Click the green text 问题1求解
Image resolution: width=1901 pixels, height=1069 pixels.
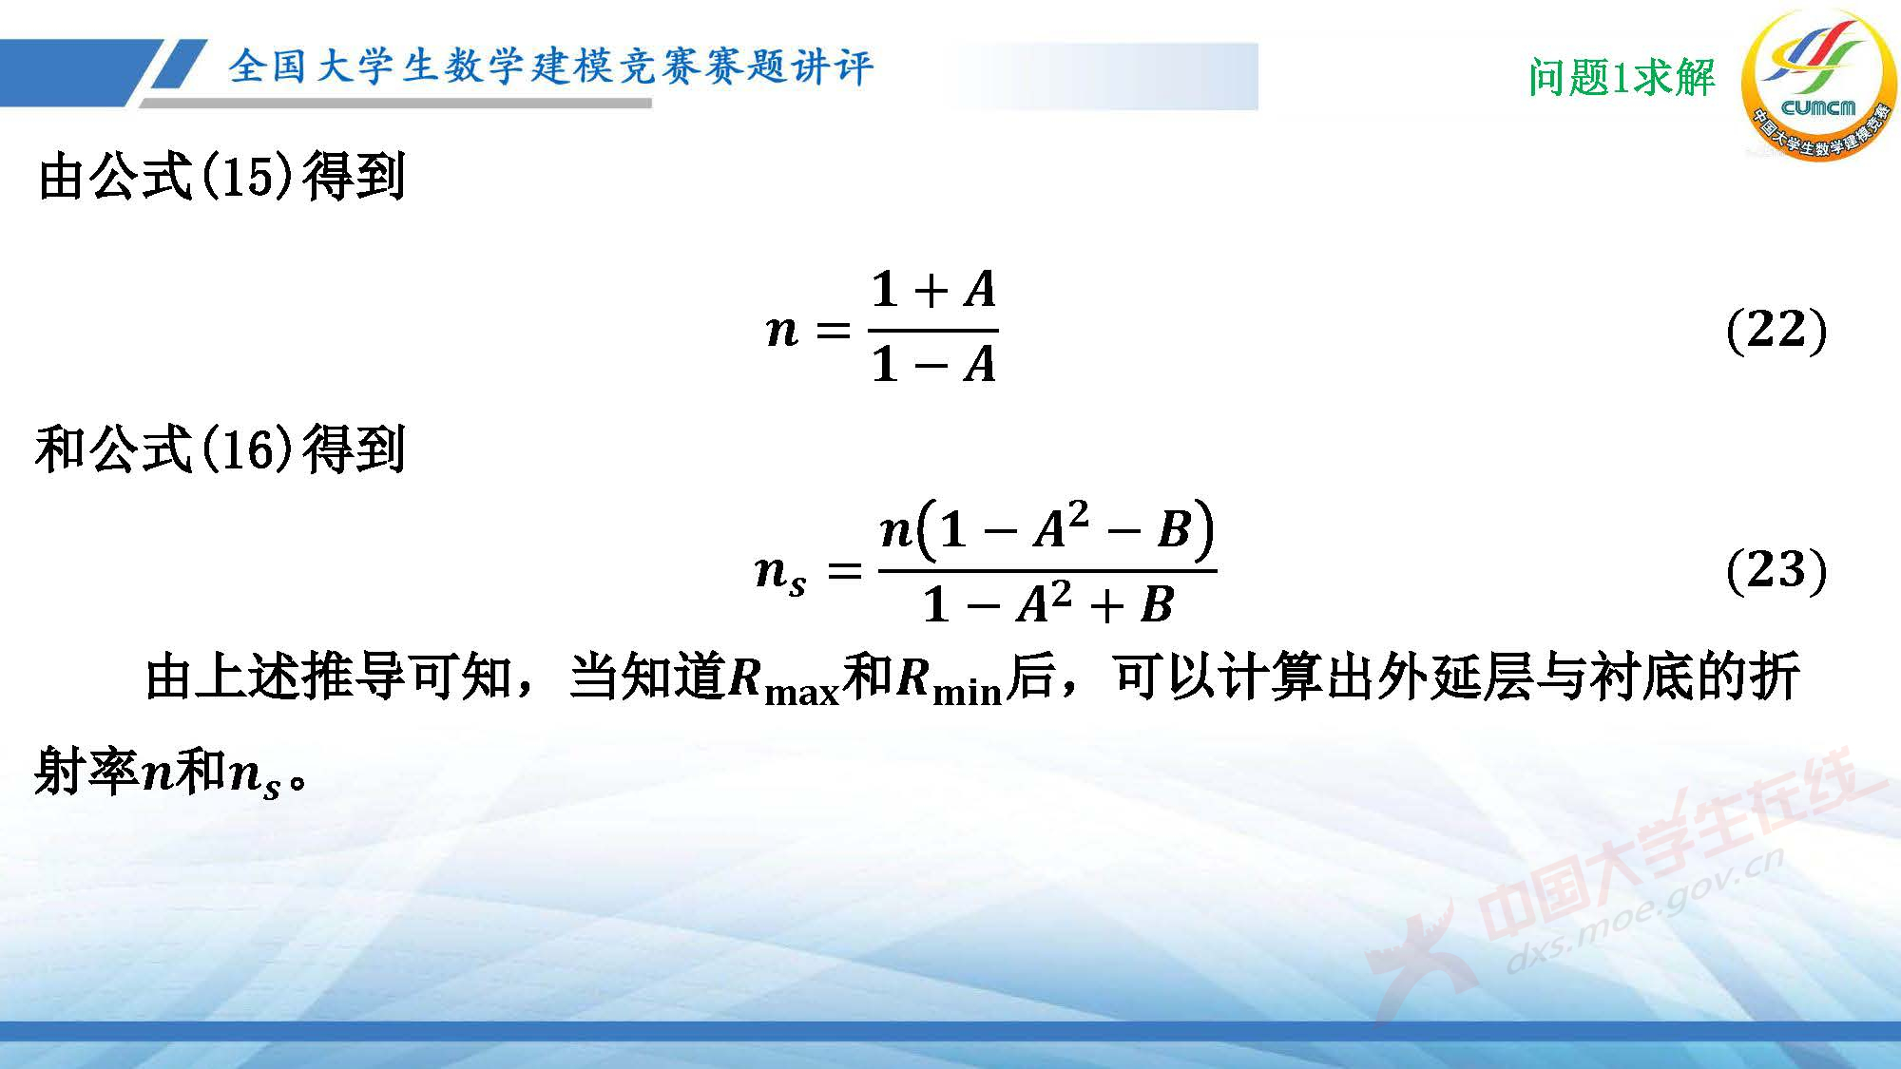(1622, 77)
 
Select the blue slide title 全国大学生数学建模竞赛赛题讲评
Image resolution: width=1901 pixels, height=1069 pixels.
(550, 67)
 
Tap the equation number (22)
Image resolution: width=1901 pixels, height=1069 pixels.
(1776, 330)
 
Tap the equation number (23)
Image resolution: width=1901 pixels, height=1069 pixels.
(1776, 570)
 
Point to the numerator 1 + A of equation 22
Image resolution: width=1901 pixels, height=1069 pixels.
(933, 289)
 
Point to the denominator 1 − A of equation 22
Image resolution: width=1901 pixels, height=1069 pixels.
(933, 364)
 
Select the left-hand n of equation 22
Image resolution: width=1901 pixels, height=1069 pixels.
(782, 331)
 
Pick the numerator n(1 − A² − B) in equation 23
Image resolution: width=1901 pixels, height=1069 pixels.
(1047, 529)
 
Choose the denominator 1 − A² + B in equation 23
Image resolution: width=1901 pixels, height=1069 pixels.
(1047, 604)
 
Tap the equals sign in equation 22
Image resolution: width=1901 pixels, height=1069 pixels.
(833, 331)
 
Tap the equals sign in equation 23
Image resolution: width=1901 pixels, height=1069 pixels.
(844, 571)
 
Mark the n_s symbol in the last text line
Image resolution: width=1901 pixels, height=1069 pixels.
(256, 775)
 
